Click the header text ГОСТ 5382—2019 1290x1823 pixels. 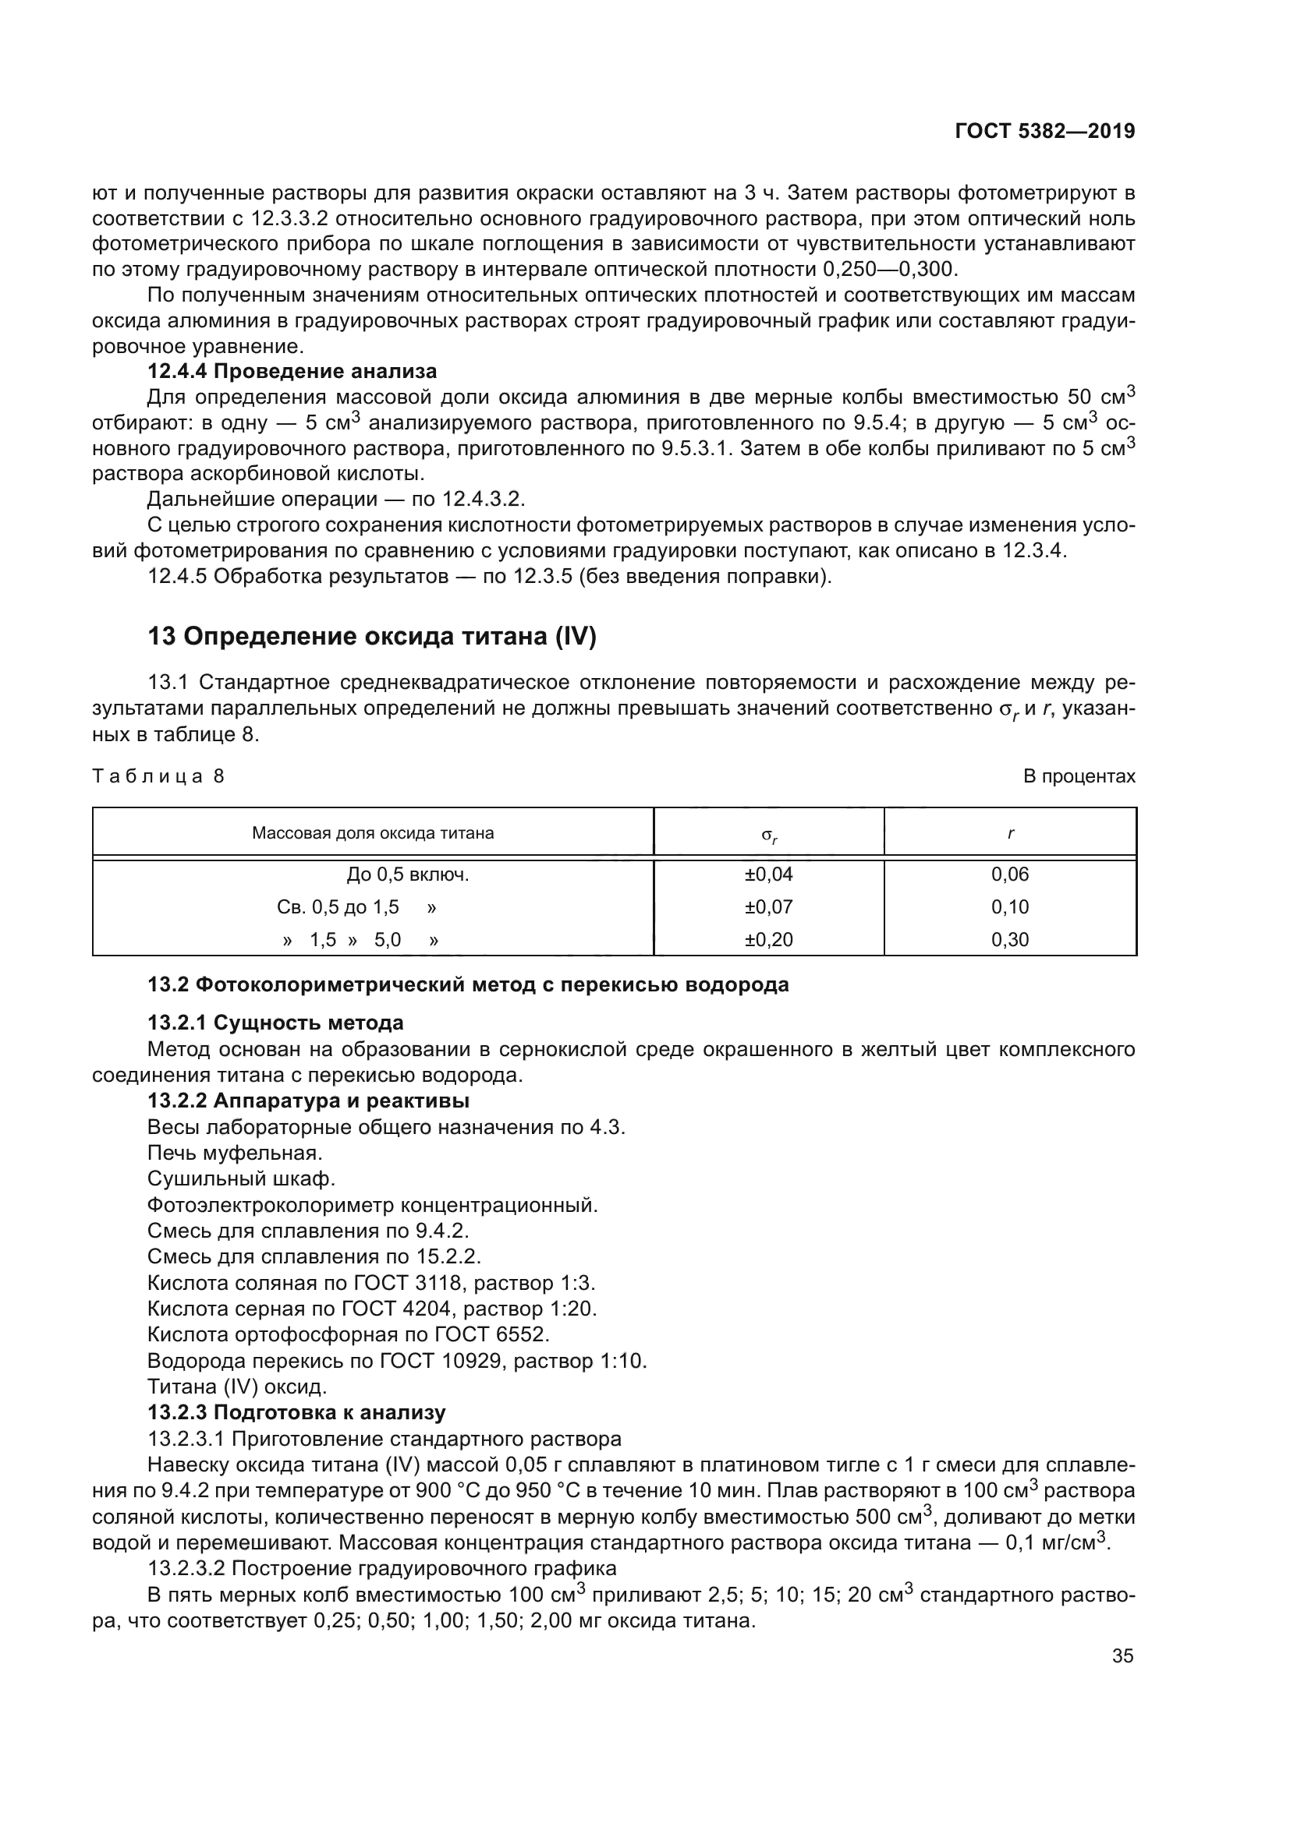click(1044, 132)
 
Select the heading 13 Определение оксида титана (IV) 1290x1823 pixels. click(372, 636)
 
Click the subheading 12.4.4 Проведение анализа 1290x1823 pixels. click(292, 371)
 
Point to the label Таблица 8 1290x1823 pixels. click(159, 775)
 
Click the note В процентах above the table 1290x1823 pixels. click(1079, 775)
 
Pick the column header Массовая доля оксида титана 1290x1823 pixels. click(373, 833)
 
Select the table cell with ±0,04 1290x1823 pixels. click(768, 874)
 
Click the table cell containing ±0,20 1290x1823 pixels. click(768, 939)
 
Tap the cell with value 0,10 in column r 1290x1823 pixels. click(1009, 906)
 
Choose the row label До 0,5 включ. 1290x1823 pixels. click(407, 874)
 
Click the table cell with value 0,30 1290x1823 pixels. click(1009, 939)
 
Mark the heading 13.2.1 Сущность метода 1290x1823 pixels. click(275, 1022)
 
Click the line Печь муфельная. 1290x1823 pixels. click(235, 1152)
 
